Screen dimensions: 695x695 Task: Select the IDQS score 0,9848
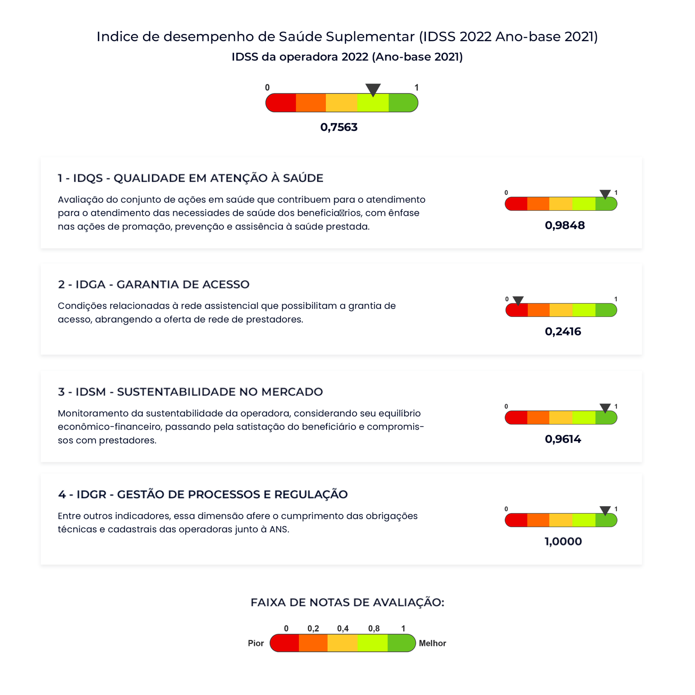pyautogui.click(x=564, y=225)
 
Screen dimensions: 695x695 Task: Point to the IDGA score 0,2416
pyautogui.click(x=563, y=331)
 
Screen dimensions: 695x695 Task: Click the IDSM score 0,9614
pyautogui.click(x=563, y=439)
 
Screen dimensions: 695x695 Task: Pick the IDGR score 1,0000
pyautogui.click(x=563, y=541)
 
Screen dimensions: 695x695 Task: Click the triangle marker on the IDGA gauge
pyautogui.click(x=518, y=300)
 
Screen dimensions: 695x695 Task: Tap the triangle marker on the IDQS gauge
pyautogui.click(x=605, y=194)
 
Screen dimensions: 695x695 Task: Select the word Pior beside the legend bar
pyautogui.click(x=256, y=643)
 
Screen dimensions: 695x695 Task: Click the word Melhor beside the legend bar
pyautogui.click(x=432, y=643)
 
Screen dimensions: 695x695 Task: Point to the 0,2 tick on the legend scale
pyautogui.click(x=313, y=628)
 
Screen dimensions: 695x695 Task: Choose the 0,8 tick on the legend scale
pyautogui.click(x=374, y=628)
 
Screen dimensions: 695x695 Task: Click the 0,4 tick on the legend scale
pyautogui.click(x=343, y=628)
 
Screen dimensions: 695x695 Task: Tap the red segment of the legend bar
pyautogui.click(x=285, y=643)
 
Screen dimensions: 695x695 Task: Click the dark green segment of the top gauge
pyautogui.click(x=402, y=103)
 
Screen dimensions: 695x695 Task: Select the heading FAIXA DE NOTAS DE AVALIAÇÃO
pyautogui.click(x=347, y=602)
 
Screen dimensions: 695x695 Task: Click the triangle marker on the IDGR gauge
pyautogui.click(x=605, y=510)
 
